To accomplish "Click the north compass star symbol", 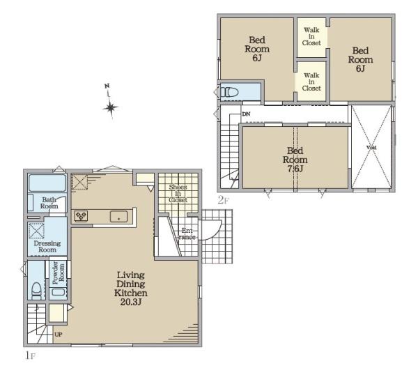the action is point(110,107).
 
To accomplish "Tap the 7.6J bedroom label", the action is point(295,160).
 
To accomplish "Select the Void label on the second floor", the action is point(371,148).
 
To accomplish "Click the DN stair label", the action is point(246,114).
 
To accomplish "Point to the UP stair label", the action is point(59,335).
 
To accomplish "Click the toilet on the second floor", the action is point(229,92).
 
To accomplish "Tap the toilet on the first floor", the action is point(36,291).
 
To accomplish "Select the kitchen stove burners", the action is point(81,216).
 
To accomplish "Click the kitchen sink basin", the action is point(118,216).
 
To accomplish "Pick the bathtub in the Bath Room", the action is point(47,183).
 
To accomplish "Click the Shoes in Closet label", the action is point(178,193).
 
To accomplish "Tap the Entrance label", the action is point(187,234).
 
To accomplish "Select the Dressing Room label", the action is point(47,247).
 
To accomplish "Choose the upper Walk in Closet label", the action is point(311,36).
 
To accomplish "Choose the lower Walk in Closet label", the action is point(311,82).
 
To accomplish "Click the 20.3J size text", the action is point(131,302).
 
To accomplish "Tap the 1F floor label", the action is point(30,355).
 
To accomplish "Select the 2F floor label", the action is point(224,200).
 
